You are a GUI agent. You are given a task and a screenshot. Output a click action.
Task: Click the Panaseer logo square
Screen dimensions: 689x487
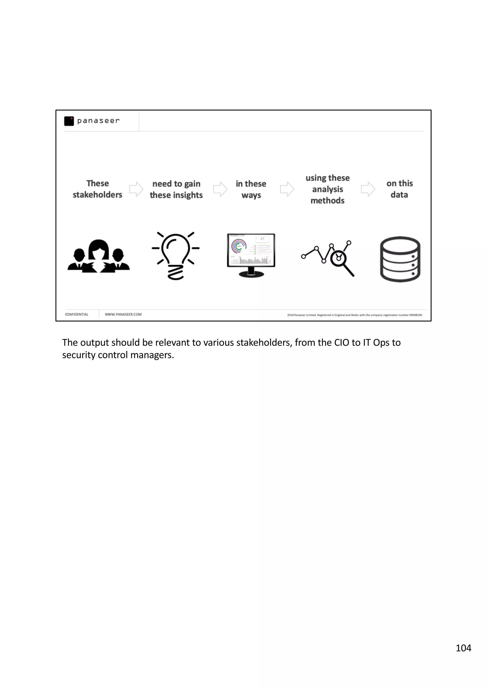point(69,121)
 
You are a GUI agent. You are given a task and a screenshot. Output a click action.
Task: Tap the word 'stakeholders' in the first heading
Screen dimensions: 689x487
point(97,195)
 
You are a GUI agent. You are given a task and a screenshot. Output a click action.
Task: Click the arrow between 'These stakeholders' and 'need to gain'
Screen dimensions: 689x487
point(136,189)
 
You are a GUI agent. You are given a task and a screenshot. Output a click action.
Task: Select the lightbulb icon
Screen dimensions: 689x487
point(176,255)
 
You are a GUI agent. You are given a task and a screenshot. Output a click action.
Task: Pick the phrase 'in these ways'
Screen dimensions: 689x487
point(251,189)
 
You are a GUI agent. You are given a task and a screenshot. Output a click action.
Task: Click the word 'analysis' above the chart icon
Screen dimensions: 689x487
point(327,189)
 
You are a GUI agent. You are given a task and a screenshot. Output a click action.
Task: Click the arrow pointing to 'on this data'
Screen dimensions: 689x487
point(368,189)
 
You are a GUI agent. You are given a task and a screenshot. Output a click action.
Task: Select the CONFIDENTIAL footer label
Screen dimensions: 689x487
point(77,315)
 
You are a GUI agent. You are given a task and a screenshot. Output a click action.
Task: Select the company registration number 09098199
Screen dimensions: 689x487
point(416,315)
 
